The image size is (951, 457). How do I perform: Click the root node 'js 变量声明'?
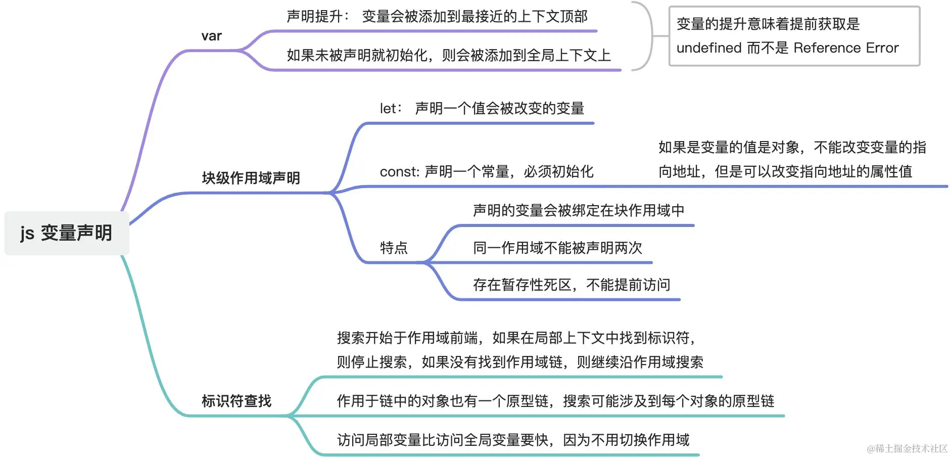tap(66, 233)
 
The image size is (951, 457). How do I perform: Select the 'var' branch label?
tap(211, 36)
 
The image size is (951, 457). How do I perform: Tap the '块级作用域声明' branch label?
tap(251, 178)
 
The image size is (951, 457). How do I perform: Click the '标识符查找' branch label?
tap(236, 401)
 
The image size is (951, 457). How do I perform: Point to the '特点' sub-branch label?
tap(394, 248)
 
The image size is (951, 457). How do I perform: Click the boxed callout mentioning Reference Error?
tap(794, 36)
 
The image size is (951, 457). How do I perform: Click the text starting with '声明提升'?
tap(437, 17)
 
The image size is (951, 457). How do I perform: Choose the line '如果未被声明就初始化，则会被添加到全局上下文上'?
tap(448, 55)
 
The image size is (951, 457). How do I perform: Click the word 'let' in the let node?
tap(388, 108)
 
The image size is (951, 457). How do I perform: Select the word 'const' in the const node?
tap(399, 172)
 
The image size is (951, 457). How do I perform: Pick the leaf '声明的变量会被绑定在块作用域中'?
tap(578, 210)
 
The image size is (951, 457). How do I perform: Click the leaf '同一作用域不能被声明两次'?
tap(557, 248)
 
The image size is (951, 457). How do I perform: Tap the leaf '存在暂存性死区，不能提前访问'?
tap(571, 285)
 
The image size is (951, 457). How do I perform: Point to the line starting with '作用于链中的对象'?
tap(555, 401)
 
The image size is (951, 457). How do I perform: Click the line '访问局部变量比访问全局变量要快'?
tap(512, 440)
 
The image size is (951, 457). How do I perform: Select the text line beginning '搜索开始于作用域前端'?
tap(515, 338)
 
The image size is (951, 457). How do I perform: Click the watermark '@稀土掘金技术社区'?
tap(907, 448)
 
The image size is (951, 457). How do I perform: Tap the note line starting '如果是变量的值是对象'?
tap(792, 148)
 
